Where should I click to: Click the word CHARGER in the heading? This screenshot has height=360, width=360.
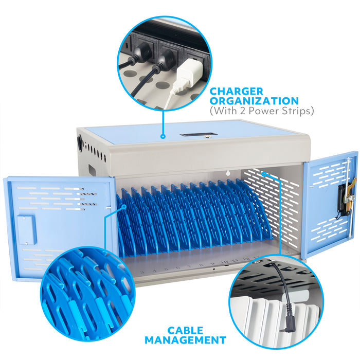(x=236, y=91)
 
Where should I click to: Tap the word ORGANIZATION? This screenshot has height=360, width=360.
(x=254, y=101)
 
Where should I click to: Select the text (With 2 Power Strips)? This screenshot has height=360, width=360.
(x=261, y=111)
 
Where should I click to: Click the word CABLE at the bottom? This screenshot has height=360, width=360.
(x=185, y=331)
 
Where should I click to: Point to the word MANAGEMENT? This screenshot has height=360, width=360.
(x=185, y=340)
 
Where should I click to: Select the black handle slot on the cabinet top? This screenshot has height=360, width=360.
(x=199, y=134)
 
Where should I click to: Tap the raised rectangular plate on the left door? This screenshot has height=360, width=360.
(x=27, y=229)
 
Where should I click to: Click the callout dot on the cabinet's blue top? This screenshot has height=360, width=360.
(x=163, y=136)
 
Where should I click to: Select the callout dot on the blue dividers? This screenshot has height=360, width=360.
(x=124, y=206)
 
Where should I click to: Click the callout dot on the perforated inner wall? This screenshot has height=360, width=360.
(x=264, y=174)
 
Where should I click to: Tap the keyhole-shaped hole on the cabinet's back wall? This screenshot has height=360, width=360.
(x=228, y=173)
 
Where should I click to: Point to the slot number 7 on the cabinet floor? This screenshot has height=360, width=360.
(x=190, y=266)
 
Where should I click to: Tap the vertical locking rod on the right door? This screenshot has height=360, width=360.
(x=349, y=197)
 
